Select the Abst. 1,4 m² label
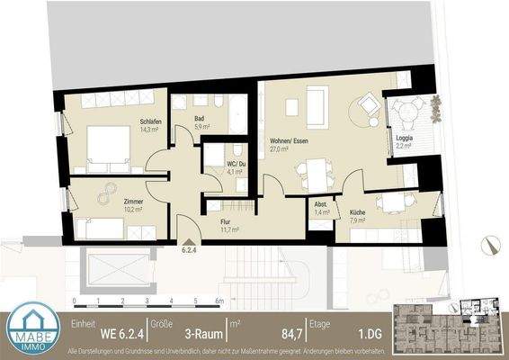pyautogui.click(x=320, y=205)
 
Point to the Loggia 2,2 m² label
pyautogui.click(x=405, y=142)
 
